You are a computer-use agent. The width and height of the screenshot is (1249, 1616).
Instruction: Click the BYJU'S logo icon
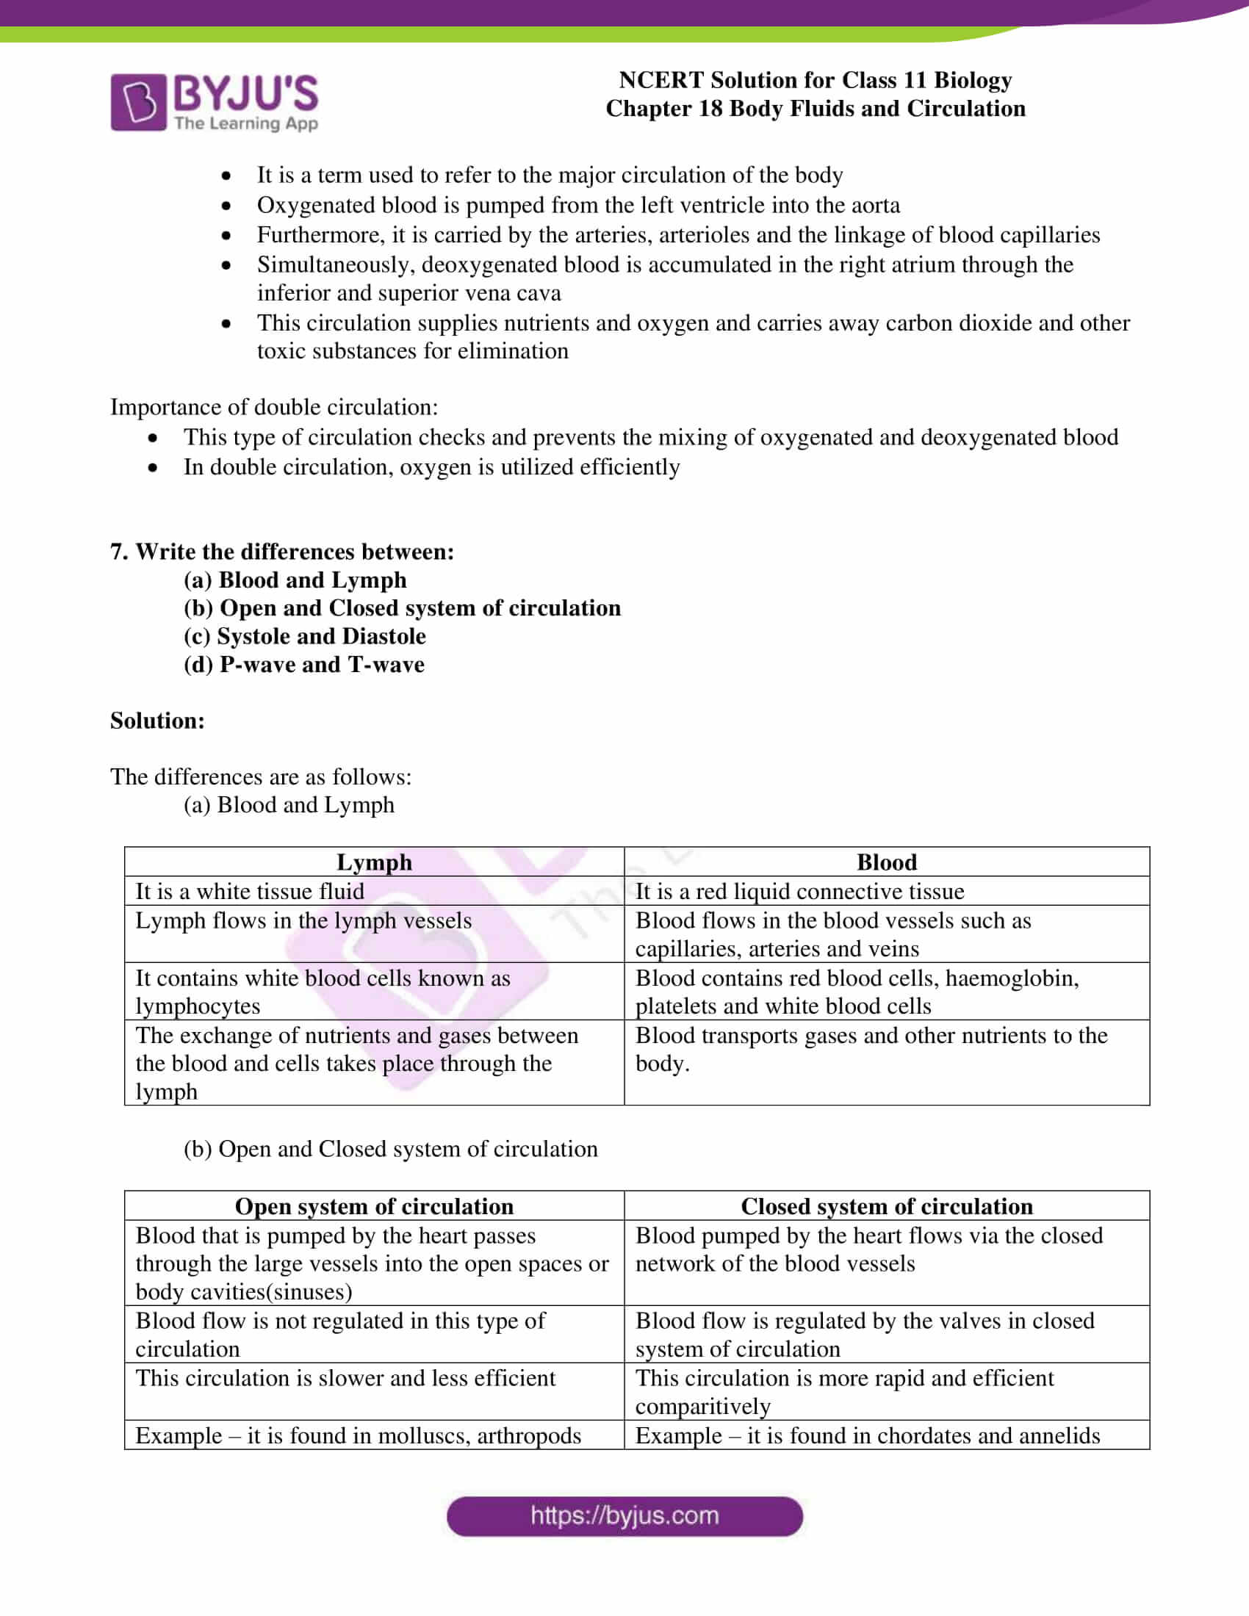point(138,102)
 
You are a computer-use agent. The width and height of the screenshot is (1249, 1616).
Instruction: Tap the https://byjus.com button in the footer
point(624,1516)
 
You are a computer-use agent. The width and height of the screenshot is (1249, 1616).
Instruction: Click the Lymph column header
point(374,862)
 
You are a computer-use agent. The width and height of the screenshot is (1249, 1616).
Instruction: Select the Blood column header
point(886,862)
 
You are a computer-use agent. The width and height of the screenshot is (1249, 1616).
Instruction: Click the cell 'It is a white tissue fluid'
point(249,891)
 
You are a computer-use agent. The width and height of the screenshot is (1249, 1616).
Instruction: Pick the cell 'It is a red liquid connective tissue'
point(799,891)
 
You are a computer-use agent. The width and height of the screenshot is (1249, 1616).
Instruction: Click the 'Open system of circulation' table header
point(374,1206)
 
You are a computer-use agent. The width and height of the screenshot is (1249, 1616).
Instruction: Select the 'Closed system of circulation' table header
point(886,1206)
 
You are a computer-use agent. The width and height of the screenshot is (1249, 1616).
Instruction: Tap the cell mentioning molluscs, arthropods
point(358,1435)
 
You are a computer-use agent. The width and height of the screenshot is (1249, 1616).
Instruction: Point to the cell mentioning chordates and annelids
point(867,1435)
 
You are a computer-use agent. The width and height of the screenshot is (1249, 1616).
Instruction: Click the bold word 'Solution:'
point(157,721)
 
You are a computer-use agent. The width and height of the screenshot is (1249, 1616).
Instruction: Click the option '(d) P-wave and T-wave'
point(303,665)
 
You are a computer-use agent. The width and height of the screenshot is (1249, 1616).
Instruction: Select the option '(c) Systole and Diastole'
point(304,636)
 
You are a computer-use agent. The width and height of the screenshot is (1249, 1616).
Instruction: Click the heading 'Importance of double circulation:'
point(274,407)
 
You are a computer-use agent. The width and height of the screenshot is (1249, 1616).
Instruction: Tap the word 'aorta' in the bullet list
point(875,205)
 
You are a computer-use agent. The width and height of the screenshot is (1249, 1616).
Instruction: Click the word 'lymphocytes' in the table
point(198,1006)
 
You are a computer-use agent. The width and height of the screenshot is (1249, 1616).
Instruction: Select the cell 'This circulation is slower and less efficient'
point(345,1378)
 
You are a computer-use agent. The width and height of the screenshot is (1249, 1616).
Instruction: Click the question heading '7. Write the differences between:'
point(282,551)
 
